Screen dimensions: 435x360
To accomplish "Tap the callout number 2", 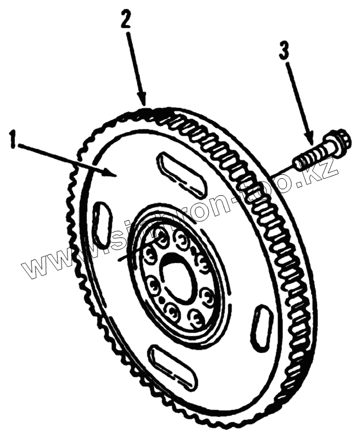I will point(126,22).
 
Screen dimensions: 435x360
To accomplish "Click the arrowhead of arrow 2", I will point(145,103).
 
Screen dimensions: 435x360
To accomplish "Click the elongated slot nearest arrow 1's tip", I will point(180,175).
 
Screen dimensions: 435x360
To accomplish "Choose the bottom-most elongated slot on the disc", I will point(173,366).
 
